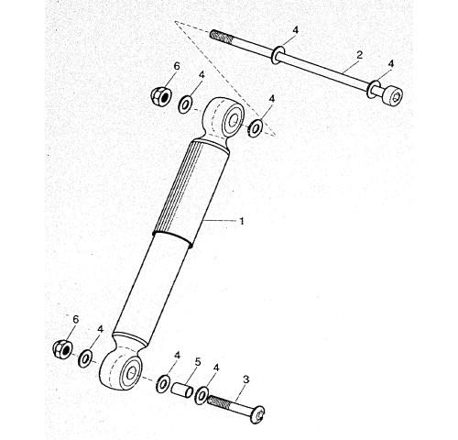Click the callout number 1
[242, 221]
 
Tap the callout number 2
[360, 55]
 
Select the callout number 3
[246, 379]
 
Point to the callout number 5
[198, 362]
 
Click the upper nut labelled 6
[162, 95]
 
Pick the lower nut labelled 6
[63, 349]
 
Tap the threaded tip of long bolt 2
[222, 37]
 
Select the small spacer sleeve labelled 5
[181, 390]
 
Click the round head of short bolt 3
[257, 414]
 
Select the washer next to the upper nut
[185, 104]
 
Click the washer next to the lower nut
[85, 357]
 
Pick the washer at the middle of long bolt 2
[278, 55]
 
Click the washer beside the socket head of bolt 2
[374, 89]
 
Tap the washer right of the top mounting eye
[256, 128]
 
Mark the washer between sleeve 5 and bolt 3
[202, 396]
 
